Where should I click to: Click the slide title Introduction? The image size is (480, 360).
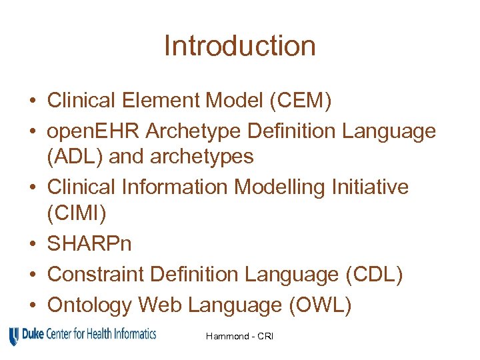tap(239, 46)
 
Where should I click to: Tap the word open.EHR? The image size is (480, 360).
tap(93, 131)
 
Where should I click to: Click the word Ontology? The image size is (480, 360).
tap(90, 305)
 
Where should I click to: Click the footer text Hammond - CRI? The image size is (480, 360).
tap(241, 337)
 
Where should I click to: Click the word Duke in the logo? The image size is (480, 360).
tap(33, 333)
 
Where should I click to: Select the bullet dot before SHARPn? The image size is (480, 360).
tap(32, 244)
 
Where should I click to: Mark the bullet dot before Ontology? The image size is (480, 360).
tap(32, 305)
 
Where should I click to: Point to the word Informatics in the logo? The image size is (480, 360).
tap(133, 333)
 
